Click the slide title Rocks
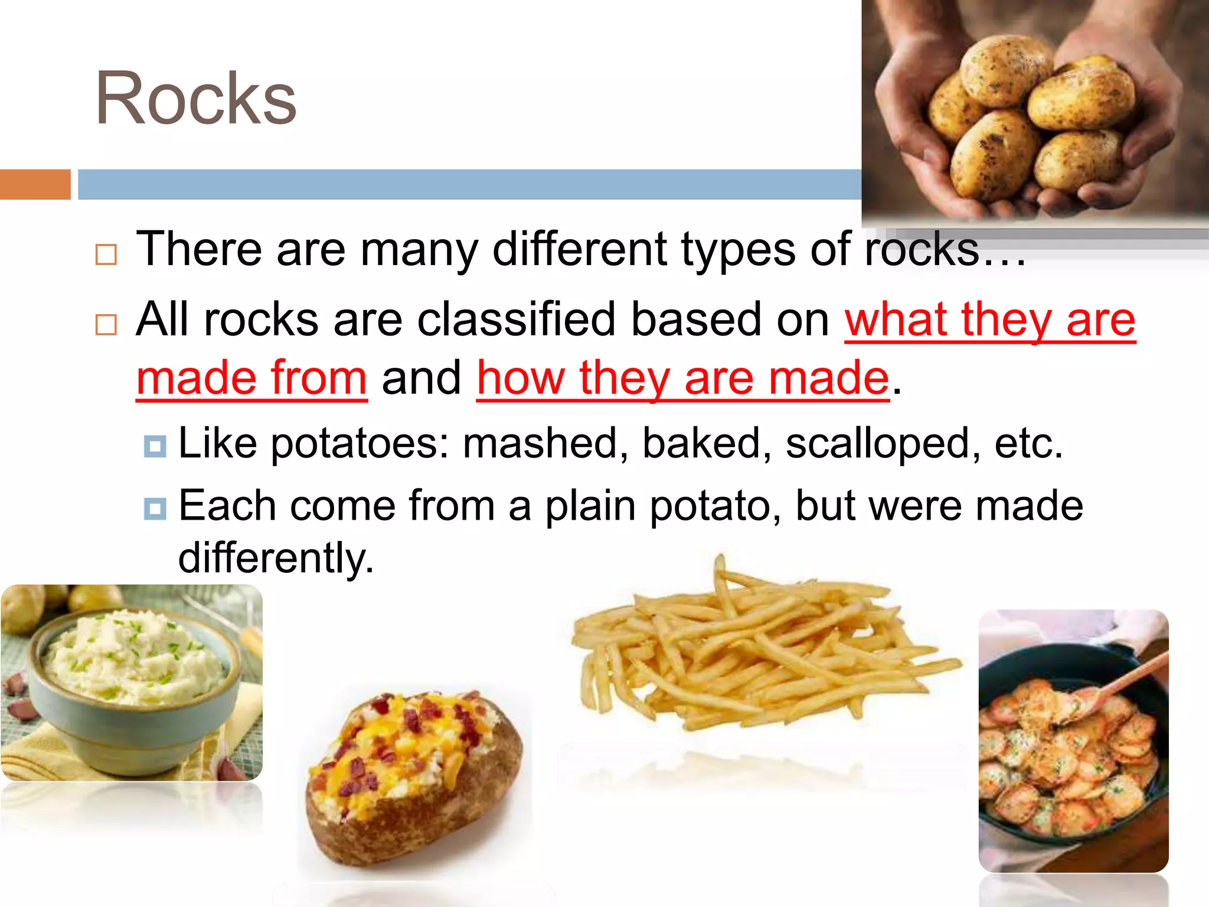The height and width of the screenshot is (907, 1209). click(x=196, y=99)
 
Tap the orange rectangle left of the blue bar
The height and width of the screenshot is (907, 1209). click(x=35, y=184)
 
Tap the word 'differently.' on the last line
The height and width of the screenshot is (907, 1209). click(x=276, y=557)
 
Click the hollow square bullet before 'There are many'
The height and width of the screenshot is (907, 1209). click(x=106, y=255)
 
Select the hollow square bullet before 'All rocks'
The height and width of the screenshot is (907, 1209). click(x=106, y=324)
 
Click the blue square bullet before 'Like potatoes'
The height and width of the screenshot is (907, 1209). click(x=155, y=446)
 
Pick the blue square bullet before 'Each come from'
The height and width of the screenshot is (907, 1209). click(x=155, y=508)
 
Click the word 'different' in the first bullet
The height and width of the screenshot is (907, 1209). click(x=580, y=249)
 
